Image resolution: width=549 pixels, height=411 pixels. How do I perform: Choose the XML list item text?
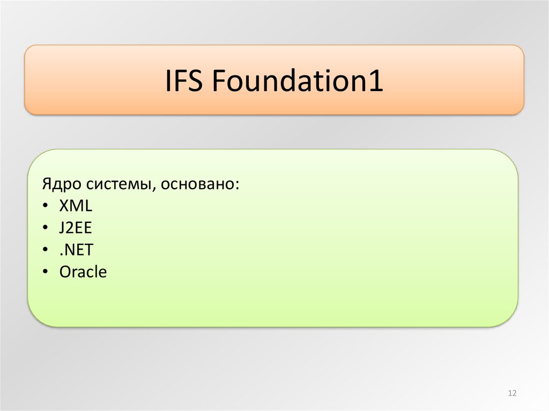76,206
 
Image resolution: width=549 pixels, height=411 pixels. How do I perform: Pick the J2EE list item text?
76,228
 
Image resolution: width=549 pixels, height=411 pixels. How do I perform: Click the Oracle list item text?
83,272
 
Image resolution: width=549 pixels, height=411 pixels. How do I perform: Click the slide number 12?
511,394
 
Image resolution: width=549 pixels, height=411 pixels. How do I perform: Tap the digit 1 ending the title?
377,81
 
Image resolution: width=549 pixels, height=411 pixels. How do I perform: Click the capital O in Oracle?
65,272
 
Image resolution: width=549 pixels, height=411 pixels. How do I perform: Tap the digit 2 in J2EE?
71,228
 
